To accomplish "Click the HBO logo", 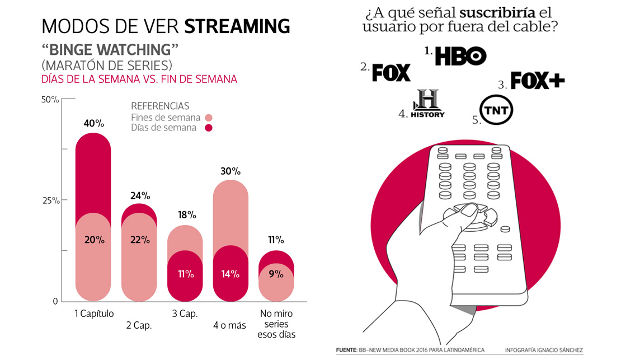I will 460,55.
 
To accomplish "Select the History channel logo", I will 427,104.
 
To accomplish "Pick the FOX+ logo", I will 538,81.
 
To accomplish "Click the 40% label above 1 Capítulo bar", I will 93,123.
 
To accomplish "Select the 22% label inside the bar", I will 140,240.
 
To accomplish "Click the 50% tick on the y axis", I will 50,100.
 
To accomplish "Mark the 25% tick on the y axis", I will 50,200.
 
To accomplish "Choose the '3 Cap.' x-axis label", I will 185,314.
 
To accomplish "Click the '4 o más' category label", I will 229,325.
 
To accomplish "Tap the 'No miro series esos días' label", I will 275,324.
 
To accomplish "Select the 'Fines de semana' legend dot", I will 209,118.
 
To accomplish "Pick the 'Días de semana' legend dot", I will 209,128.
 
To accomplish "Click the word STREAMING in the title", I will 237,26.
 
